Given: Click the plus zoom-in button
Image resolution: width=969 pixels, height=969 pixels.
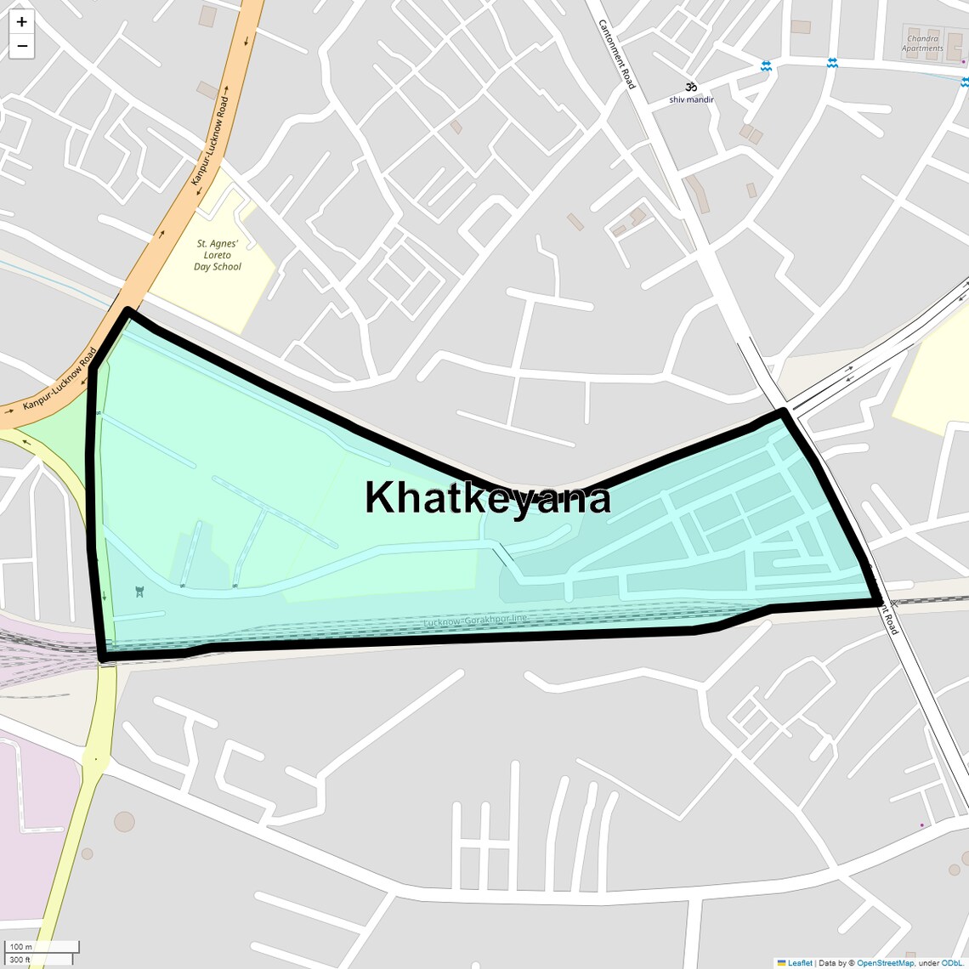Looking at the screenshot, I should [x=21, y=22].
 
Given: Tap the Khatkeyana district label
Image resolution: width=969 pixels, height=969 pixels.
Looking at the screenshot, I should [x=487, y=497].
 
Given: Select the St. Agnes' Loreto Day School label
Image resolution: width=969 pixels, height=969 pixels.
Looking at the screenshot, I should [x=218, y=255].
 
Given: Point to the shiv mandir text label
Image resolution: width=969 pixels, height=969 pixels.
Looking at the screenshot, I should [x=691, y=99].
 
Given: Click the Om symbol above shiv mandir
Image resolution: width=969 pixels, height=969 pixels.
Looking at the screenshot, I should [x=691, y=87].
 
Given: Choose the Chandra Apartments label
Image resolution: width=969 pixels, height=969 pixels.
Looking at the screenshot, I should [x=922, y=43].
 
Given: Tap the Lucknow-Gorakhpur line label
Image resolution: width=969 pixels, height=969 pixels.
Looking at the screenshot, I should [x=475, y=622].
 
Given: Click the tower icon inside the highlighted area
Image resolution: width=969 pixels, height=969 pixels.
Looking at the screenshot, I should [x=139, y=591].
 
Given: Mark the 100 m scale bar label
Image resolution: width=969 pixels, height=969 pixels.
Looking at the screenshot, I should [x=21, y=946].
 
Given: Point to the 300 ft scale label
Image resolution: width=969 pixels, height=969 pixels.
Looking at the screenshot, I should [x=20, y=960].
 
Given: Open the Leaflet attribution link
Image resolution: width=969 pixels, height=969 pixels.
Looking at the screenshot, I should [x=800, y=963].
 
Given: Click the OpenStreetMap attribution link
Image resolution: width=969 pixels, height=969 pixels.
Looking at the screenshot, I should [x=885, y=963].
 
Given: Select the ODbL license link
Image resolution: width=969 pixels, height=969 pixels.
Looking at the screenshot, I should [x=951, y=963].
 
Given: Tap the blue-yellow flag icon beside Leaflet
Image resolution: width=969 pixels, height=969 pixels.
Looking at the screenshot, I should [x=781, y=963].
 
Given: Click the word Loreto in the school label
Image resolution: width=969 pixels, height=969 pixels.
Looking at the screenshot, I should [x=218, y=255].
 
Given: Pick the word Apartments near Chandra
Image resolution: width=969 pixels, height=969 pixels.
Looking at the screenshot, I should [x=922, y=48].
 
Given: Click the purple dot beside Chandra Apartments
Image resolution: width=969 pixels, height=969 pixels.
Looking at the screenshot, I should [x=963, y=61].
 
